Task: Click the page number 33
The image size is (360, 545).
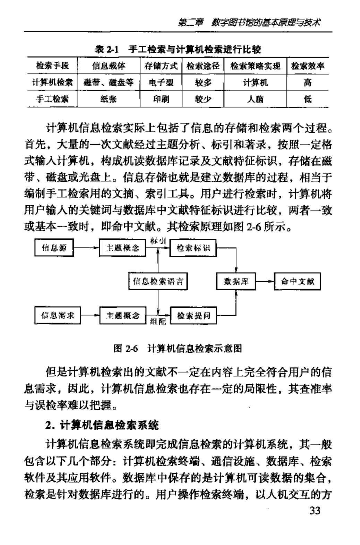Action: click(x=314, y=511)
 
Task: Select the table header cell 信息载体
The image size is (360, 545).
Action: click(x=109, y=66)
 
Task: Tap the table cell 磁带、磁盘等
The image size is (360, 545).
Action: click(x=109, y=83)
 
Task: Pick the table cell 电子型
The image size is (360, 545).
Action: click(x=161, y=83)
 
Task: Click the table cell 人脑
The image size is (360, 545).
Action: click(x=255, y=100)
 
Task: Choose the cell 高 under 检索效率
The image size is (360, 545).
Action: click(x=307, y=83)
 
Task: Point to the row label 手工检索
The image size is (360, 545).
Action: click(x=52, y=100)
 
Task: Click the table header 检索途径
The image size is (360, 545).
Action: click(x=203, y=66)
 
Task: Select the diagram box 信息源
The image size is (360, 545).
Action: click(x=54, y=248)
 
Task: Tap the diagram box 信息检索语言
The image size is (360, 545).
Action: click(x=158, y=281)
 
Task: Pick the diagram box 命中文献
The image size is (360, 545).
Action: click(x=298, y=281)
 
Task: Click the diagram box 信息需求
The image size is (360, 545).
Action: click(x=58, y=316)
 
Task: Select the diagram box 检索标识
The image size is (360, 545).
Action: click(x=193, y=248)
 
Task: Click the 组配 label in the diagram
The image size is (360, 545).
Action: click(x=158, y=322)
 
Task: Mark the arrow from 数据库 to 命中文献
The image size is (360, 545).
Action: click(x=265, y=281)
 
